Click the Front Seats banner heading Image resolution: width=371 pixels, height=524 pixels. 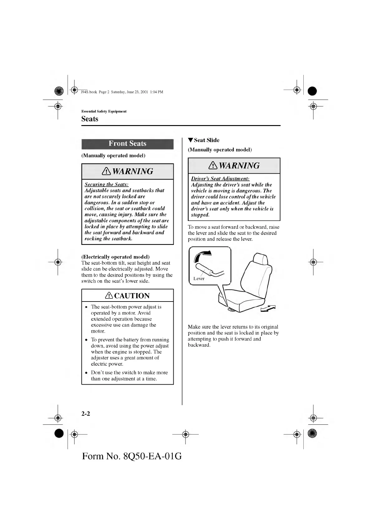point(127,144)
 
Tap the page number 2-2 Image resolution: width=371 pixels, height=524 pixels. point(86,414)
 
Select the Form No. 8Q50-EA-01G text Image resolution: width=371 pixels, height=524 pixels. point(132,456)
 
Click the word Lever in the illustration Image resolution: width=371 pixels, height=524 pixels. point(199,278)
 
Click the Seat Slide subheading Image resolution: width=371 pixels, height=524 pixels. point(206,140)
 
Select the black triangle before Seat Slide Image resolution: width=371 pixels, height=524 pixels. point(190,140)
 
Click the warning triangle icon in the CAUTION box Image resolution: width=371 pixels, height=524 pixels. point(109,296)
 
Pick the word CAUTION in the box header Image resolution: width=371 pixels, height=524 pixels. point(132,296)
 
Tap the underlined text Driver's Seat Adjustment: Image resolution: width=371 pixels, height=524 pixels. point(220,179)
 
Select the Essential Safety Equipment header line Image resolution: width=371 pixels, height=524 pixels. point(104,111)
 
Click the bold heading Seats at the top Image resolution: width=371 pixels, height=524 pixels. point(90,119)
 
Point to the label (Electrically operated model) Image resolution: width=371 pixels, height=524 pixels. point(115,257)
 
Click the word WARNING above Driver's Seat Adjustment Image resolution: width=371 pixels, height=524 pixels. point(239,166)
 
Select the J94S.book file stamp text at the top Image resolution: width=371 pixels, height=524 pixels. point(122,92)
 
